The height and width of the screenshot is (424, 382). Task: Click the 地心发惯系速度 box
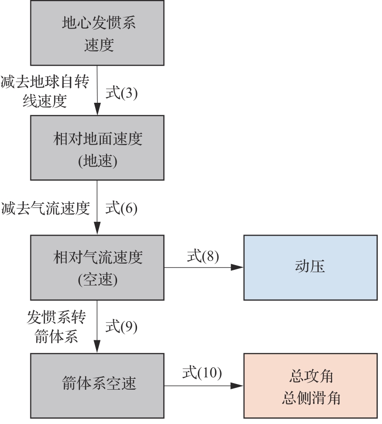pyautogui.click(x=98, y=33)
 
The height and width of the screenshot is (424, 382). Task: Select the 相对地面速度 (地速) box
pyautogui.click(x=98, y=148)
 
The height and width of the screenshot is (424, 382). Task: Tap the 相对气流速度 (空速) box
pyautogui.click(x=98, y=267)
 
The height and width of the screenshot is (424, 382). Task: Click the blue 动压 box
pyautogui.click(x=310, y=267)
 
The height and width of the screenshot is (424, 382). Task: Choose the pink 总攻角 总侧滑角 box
pyautogui.click(x=310, y=385)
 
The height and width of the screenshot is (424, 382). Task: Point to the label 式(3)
pyautogui.click(x=121, y=92)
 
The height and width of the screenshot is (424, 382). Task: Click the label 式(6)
pyautogui.click(x=121, y=208)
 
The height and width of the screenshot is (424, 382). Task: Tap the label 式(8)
pyautogui.click(x=203, y=256)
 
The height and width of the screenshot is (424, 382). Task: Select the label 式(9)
pyautogui.click(x=121, y=326)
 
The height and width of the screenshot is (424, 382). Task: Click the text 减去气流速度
pyautogui.click(x=45, y=208)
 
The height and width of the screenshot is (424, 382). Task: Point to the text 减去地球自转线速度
pyautogui.click(x=45, y=91)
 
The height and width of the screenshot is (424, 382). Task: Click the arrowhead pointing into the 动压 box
pyautogui.click(x=238, y=267)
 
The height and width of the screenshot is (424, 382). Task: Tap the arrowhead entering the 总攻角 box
pyautogui.click(x=238, y=385)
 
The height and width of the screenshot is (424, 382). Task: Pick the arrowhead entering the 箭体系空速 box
pyautogui.click(x=98, y=348)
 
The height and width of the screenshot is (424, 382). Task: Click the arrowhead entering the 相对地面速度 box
pyautogui.click(x=98, y=110)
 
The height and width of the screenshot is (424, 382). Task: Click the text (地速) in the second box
pyautogui.click(x=98, y=161)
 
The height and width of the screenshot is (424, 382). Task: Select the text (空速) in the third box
pyautogui.click(x=98, y=280)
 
